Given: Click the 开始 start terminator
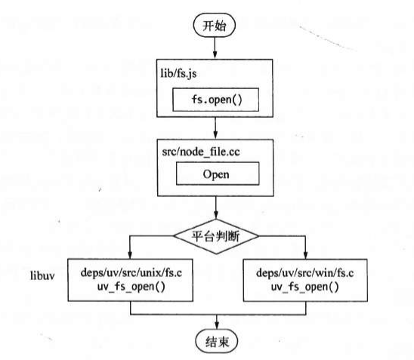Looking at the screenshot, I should (x=216, y=25).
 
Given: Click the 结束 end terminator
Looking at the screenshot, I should (x=216, y=340).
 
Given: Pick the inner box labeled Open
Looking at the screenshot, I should (x=216, y=174).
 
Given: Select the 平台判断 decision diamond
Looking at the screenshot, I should (x=216, y=235).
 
